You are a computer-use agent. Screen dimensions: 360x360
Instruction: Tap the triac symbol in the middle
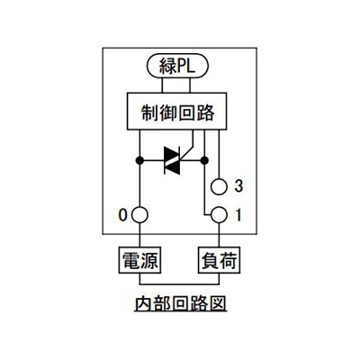point(172,160)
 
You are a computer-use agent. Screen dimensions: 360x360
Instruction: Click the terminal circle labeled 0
point(139,215)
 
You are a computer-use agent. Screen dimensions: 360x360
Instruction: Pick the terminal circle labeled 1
point(219,215)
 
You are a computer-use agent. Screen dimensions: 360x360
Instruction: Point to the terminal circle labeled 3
point(219,187)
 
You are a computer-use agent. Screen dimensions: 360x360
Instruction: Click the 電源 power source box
point(139,260)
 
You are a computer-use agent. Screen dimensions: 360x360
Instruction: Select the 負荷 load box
point(220,260)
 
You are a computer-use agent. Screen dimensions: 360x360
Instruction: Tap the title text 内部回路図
point(180,304)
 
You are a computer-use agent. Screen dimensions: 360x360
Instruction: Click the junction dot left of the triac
point(139,160)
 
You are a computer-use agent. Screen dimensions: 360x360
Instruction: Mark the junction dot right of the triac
point(204,160)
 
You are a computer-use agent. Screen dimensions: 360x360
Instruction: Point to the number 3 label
point(238,186)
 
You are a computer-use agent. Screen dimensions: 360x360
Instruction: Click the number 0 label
point(122,215)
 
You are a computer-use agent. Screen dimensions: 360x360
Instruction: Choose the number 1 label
point(238,215)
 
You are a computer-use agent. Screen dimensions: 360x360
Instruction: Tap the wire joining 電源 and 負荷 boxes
point(179,283)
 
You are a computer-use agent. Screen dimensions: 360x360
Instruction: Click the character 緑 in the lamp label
point(167,66)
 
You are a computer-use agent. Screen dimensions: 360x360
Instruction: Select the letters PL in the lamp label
point(186,66)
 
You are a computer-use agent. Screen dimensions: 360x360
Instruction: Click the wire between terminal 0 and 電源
point(139,235)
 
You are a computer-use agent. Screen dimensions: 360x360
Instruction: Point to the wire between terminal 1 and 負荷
point(219,235)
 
